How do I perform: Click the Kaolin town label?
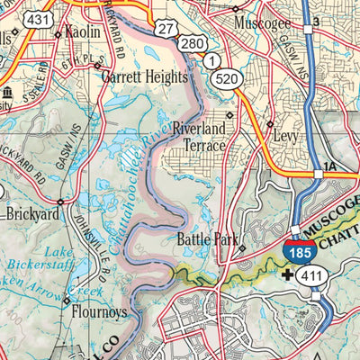pos(82,31)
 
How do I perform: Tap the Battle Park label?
pos(205,239)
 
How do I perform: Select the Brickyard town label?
pos(33,215)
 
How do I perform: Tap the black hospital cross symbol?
pos(286,274)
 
